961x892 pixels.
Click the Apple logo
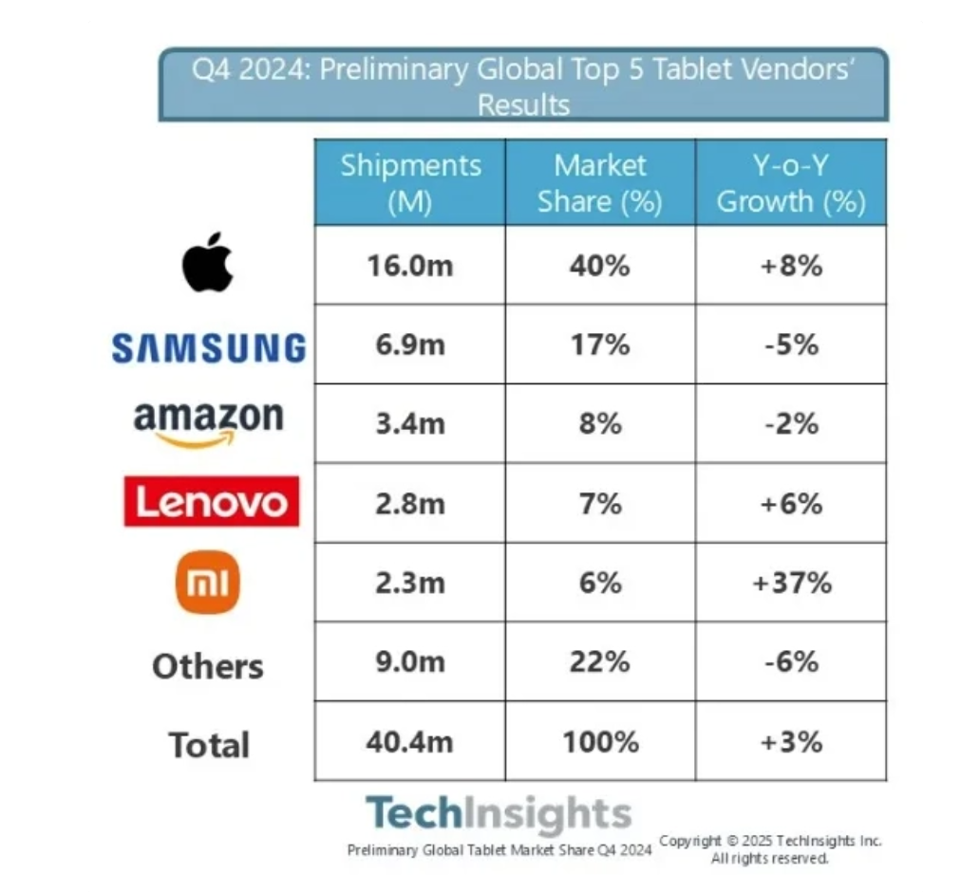pos(207,262)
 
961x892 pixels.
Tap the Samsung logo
pos(209,347)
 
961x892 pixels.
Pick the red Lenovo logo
pos(211,502)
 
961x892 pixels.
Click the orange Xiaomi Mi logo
pos(208,582)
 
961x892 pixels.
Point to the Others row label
pos(208,665)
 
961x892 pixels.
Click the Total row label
pos(209,745)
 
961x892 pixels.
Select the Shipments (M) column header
pos(410,182)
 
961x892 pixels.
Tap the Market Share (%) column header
pos(600,182)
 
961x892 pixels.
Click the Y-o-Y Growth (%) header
pos(791,182)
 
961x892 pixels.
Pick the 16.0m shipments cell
pos(410,265)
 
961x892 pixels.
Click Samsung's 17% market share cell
pos(600,344)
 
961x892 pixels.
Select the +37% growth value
pos(791,582)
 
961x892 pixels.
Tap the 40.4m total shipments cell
pos(410,740)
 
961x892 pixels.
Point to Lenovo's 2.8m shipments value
pos(410,502)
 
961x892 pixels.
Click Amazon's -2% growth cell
pos(791,422)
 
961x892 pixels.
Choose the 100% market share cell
pos(600,740)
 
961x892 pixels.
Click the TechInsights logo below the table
pos(499,813)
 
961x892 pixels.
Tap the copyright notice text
pos(770,849)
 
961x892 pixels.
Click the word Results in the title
pos(523,104)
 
